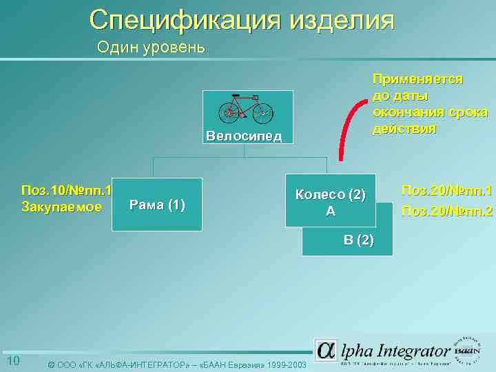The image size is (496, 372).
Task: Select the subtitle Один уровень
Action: pyautogui.click(x=151, y=47)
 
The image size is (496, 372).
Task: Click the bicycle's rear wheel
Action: pyautogui.click(x=229, y=112)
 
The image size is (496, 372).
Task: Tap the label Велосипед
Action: pyautogui.click(x=244, y=135)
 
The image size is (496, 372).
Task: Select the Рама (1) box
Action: pyautogui.click(x=157, y=205)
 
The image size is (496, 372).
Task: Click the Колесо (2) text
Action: pyautogui.click(x=330, y=194)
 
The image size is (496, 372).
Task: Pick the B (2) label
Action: pyautogui.click(x=359, y=240)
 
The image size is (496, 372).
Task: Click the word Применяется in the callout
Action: pyautogui.click(x=417, y=79)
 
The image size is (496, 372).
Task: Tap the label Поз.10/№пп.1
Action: pyautogui.click(x=67, y=190)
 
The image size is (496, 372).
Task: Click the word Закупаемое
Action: pyautogui.click(x=62, y=207)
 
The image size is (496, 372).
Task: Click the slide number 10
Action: pyautogui.click(x=12, y=362)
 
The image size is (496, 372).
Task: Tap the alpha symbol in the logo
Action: pyautogui.click(x=326, y=350)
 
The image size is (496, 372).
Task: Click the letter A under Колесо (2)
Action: pyautogui.click(x=331, y=211)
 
